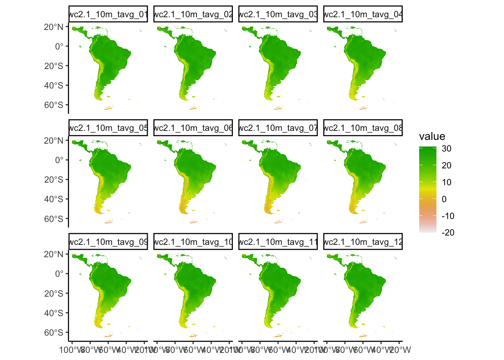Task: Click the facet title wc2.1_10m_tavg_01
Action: pos(108,15)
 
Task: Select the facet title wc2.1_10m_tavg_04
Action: pos(363,15)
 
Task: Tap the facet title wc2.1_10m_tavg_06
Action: pos(193,128)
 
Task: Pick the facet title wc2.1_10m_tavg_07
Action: pos(278,128)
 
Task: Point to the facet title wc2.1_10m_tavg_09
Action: pos(108,242)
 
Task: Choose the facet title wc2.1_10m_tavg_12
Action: pos(363,242)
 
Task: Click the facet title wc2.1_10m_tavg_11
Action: pos(278,242)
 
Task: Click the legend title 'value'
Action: pos(432,136)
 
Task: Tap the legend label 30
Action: pos(446,148)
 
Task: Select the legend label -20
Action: pos(448,232)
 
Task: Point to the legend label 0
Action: pos(444,199)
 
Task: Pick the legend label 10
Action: pos(446,182)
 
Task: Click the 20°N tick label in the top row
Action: pos(54,27)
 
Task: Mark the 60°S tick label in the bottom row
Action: pos(54,333)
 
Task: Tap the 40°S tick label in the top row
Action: pos(54,85)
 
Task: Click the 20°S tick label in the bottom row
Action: pos(54,294)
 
